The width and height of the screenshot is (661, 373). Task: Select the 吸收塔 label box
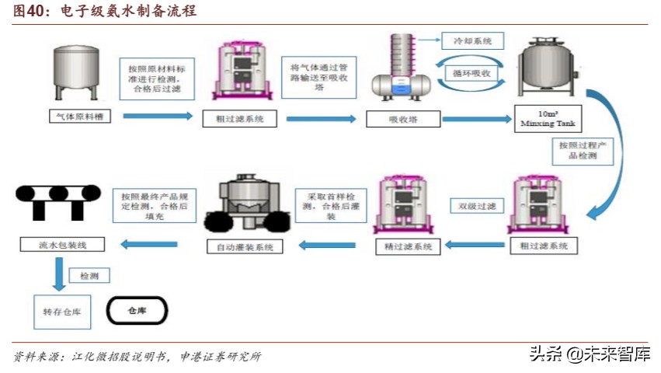pos(403,119)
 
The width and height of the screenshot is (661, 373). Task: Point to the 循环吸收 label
pos(471,72)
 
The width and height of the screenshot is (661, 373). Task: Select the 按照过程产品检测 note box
pos(583,151)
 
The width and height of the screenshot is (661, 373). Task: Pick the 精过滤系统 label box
pos(407,246)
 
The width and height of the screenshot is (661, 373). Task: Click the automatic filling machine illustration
pos(244,205)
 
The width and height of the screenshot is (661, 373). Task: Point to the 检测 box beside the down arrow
pos(89,275)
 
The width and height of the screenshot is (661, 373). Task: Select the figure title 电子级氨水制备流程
pos(128,11)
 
